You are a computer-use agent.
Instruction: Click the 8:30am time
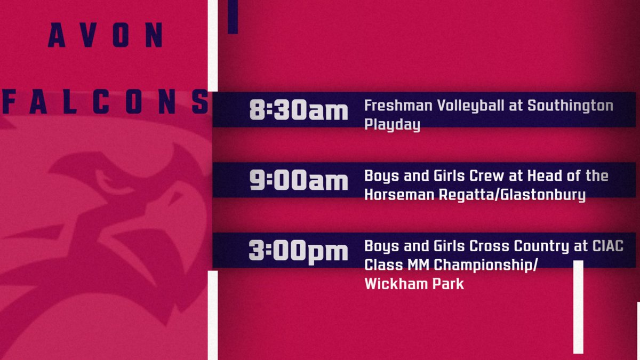tap(298, 111)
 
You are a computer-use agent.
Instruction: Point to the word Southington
tap(570, 106)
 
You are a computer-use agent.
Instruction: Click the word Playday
tap(392, 125)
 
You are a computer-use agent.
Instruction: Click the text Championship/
tap(481, 265)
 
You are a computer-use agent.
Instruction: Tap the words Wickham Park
tap(414, 284)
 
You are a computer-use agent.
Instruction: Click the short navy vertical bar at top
tap(233, 17)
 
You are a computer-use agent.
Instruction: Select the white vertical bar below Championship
tap(578, 307)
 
